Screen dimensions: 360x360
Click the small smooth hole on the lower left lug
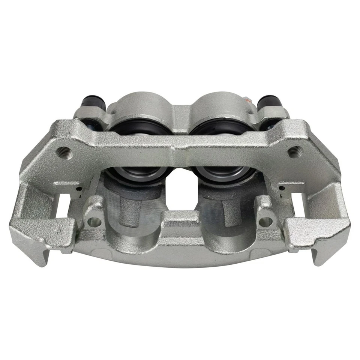tap(95, 222)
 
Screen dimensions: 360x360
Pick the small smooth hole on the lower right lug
tap(266, 221)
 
